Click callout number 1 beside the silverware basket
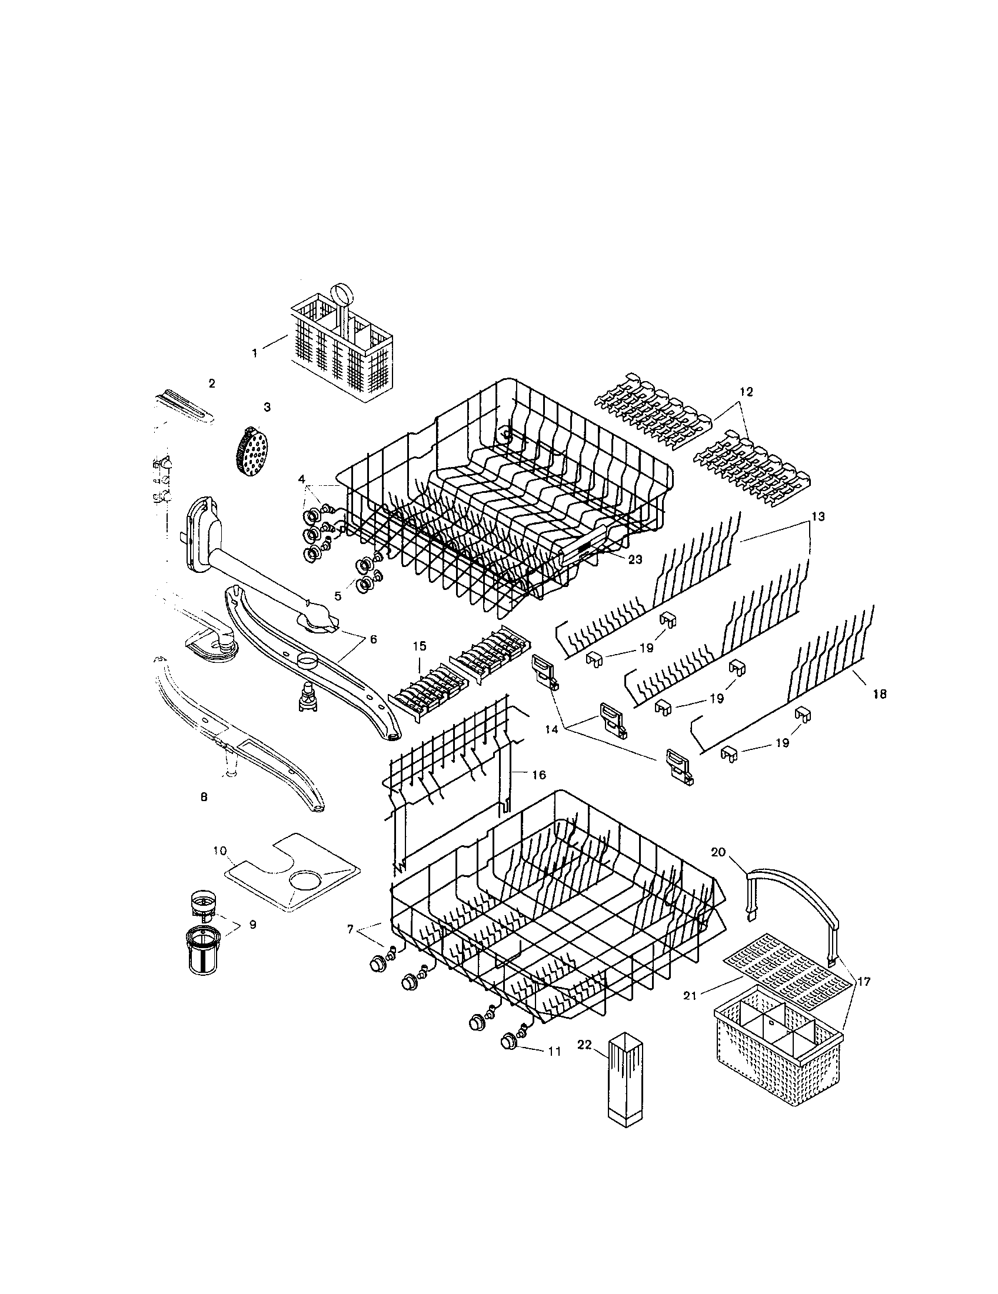pyautogui.click(x=255, y=353)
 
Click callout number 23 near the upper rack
pyautogui.click(x=635, y=559)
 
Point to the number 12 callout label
pyautogui.click(x=746, y=392)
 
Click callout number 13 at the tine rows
pyautogui.click(x=817, y=516)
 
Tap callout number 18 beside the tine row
pyautogui.click(x=880, y=694)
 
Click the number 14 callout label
pyautogui.click(x=551, y=731)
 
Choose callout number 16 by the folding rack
pyautogui.click(x=538, y=775)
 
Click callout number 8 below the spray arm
pyautogui.click(x=204, y=797)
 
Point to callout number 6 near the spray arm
pyautogui.click(x=372, y=639)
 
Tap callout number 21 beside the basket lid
pyautogui.click(x=689, y=996)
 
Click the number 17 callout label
pyautogui.click(x=863, y=982)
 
